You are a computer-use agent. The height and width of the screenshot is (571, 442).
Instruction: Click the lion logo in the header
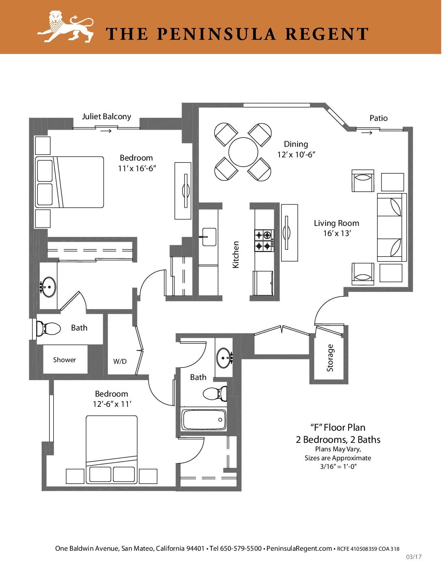point(65,26)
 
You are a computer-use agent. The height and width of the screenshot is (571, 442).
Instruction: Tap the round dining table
point(243,152)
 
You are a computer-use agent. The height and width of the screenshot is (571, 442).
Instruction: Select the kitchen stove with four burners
point(264,240)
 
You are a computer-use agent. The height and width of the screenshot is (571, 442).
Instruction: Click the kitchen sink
point(209,237)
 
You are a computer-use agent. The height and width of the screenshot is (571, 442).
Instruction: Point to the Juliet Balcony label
point(106,116)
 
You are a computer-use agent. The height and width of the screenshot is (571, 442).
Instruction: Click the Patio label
point(378,118)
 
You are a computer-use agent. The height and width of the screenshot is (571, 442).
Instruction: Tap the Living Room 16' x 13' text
point(336,228)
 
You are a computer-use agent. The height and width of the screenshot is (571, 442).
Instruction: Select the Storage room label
point(330,358)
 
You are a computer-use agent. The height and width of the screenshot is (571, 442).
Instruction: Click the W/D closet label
point(120,361)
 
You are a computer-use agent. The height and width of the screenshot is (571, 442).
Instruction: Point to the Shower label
point(65,360)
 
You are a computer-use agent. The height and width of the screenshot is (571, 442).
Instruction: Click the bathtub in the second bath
point(204,420)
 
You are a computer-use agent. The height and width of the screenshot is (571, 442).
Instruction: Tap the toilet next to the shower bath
point(48,328)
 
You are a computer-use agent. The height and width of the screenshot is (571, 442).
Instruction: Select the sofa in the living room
point(392,227)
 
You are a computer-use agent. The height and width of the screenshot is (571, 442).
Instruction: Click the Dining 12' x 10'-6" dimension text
point(296,149)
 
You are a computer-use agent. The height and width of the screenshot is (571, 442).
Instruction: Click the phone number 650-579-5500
point(240,548)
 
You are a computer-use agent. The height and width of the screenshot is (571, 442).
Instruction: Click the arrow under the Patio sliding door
point(367,133)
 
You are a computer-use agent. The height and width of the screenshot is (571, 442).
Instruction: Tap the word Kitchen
point(236,255)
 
